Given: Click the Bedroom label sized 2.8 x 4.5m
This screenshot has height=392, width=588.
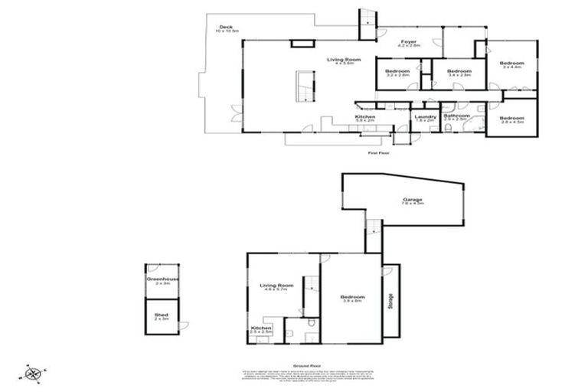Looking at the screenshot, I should pos(511,119).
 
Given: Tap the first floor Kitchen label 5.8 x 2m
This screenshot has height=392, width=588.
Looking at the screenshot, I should pos(364,118).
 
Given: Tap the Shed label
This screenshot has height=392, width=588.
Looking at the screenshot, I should pos(161,315).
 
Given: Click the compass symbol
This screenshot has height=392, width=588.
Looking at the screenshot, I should pos(34,374).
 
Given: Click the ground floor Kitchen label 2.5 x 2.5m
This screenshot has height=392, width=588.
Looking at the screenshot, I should pos(261,330).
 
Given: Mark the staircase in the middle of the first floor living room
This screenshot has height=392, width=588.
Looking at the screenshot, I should pos(304,85).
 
